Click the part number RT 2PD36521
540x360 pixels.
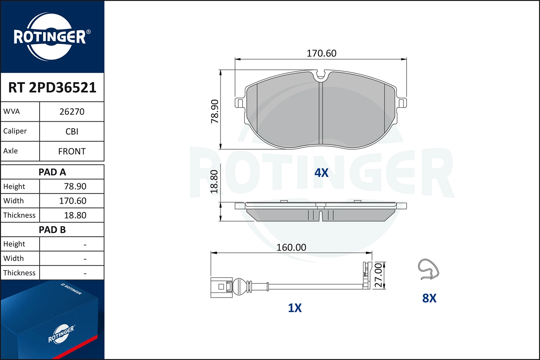(52, 87)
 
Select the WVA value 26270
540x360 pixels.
(72, 112)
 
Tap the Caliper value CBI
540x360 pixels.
(72, 131)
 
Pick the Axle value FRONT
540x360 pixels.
(72, 152)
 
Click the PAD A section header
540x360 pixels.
(52, 172)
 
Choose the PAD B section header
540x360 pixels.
(52, 230)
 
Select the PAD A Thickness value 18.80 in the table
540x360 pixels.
(75, 215)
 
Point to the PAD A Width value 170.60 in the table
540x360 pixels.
(73, 201)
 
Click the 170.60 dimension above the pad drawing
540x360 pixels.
(321, 53)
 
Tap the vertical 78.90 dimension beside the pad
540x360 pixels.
(215, 111)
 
